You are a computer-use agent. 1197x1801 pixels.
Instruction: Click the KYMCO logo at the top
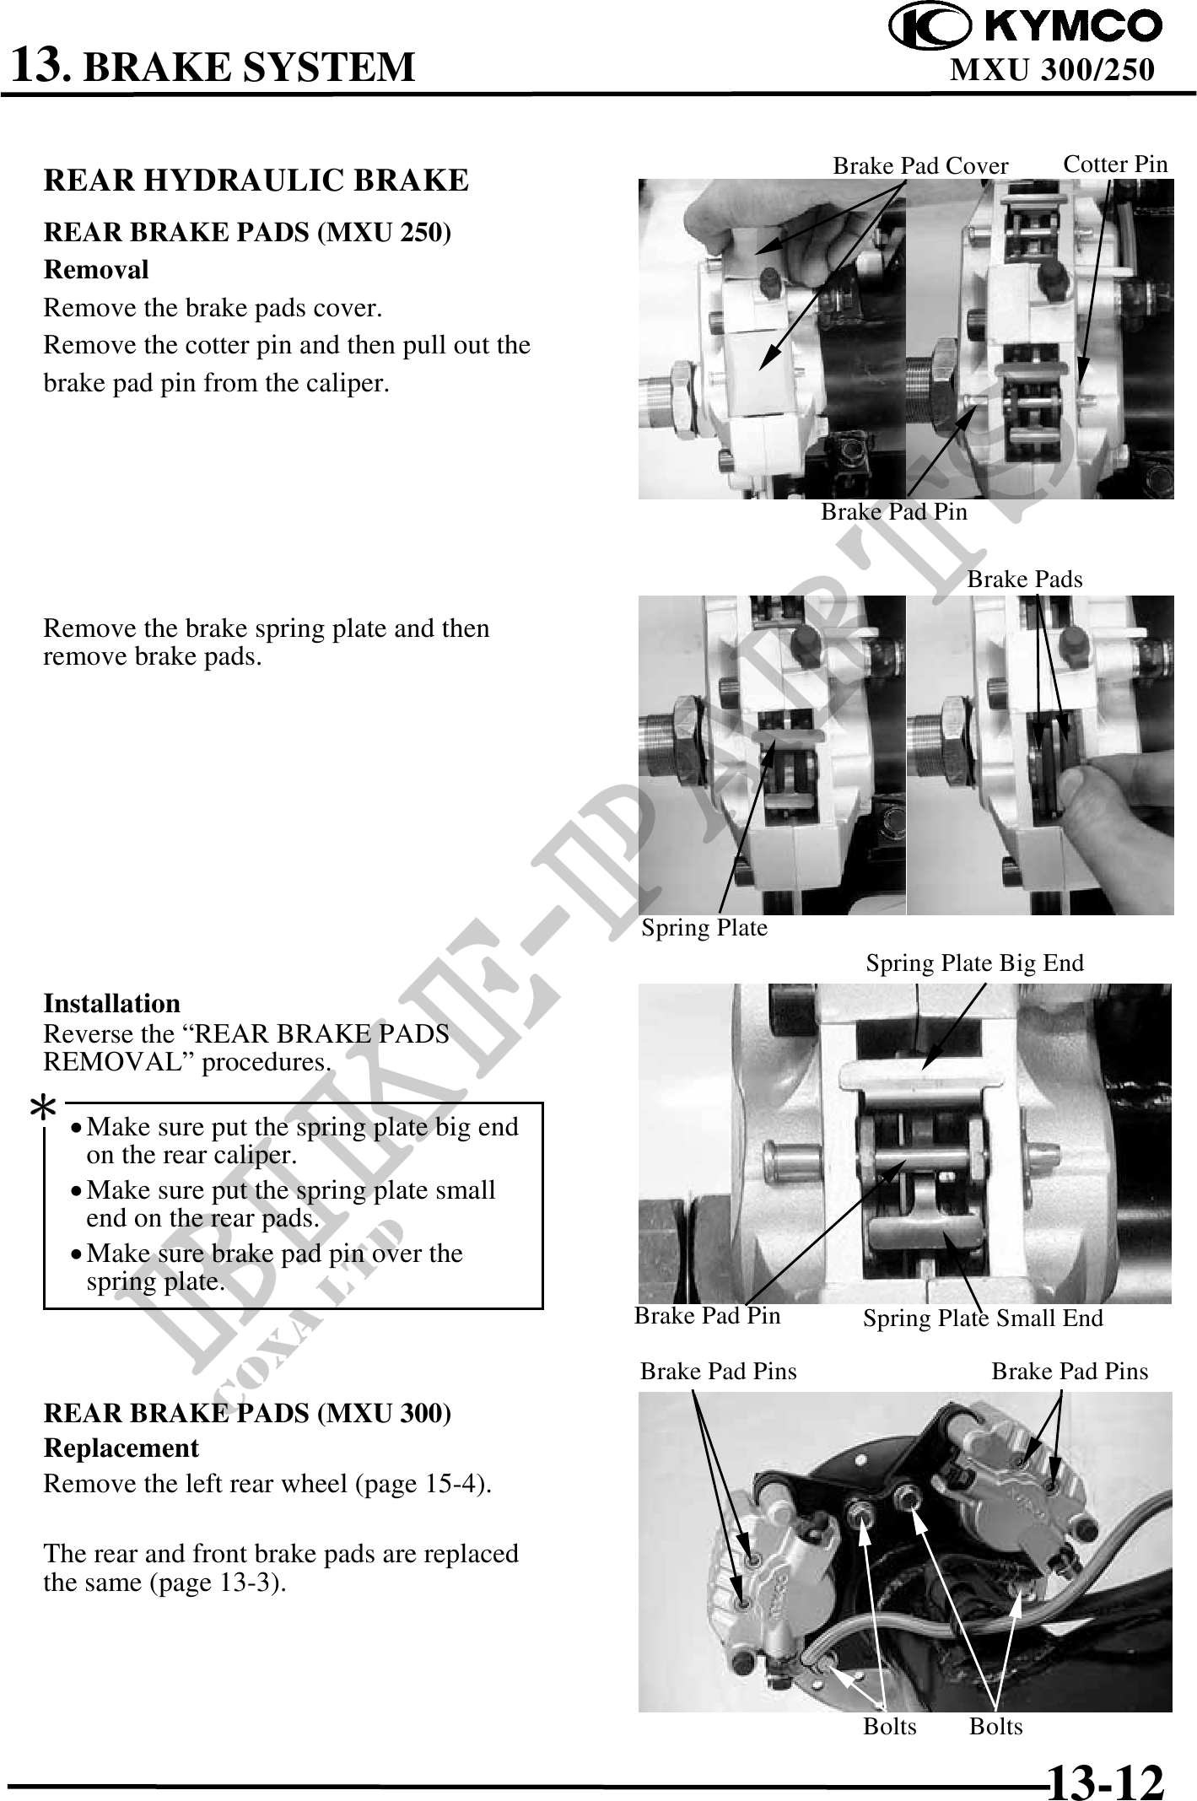(x=1026, y=26)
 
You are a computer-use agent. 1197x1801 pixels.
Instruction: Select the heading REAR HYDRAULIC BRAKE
(x=256, y=181)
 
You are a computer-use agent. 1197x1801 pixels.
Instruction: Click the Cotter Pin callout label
(x=1115, y=164)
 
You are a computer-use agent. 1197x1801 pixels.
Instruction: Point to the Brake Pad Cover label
(x=920, y=166)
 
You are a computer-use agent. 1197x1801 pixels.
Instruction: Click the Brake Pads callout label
(x=1024, y=580)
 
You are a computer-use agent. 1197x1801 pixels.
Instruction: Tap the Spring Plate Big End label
(x=974, y=963)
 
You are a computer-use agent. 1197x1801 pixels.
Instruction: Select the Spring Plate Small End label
(x=983, y=1318)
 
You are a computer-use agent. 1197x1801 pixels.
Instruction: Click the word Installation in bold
(x=112, y=1004)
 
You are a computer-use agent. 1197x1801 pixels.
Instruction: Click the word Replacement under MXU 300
(x=121, y=1448)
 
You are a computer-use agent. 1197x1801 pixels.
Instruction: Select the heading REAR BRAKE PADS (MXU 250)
(x=247, y=233)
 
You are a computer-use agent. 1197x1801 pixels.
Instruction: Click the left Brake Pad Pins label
(x=718, y=1372)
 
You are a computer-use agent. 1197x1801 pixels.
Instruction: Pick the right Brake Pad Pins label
(x=1070, y=1372)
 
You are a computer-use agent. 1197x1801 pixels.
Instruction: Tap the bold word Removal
(x=96, y=270)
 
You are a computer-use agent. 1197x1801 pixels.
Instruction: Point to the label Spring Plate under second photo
(x=705, y=929)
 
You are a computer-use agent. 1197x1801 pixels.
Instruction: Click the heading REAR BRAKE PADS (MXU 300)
(x=247, y=1414)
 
